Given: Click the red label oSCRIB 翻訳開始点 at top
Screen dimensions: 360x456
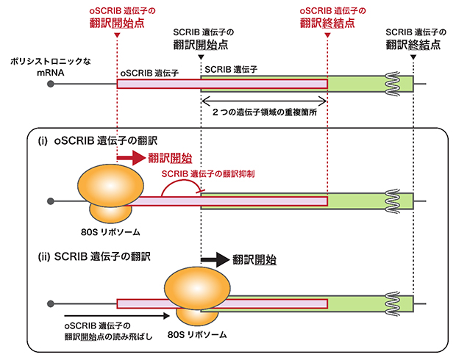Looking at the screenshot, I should click(x=118, y=18).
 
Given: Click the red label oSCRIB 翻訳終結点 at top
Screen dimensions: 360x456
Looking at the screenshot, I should click(x=327, y=18).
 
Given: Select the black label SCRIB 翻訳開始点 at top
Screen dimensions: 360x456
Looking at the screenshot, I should click(x=202, y=39).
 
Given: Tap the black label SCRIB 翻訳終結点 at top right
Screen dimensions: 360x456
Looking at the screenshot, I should click(x=413, y=39).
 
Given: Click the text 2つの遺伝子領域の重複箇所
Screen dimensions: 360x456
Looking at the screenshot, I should click(x=264, y=114).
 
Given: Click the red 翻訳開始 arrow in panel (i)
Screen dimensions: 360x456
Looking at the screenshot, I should click(x=131, y=156).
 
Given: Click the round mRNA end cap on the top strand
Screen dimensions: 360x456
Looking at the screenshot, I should click(x=51, y=84).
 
